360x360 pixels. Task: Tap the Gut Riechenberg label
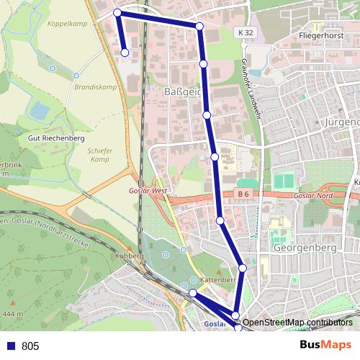point(56,138)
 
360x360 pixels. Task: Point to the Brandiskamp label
point(95,86)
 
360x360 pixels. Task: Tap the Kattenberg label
point(219,279)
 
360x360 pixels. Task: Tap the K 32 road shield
point(246,32)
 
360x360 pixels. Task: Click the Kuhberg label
point(127,256)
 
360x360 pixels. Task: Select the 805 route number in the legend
point(30,346)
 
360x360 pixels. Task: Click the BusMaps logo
point(325,345)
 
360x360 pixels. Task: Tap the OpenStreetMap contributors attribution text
point(298,323)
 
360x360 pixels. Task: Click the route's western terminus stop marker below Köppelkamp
point(125,53)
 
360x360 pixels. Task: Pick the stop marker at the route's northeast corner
point(199,26)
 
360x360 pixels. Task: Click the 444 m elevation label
point(12,314)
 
